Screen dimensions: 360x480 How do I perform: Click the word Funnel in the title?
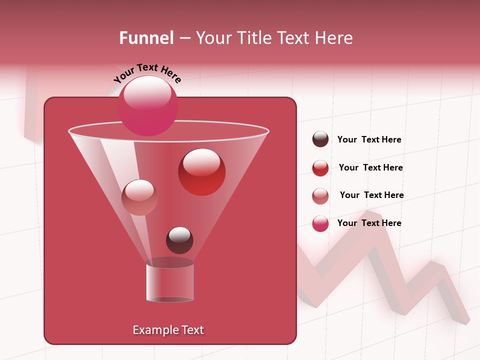click(146, 37)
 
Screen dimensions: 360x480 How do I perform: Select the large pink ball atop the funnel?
click(148, 105)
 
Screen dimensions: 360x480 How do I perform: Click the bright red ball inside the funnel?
click(201, 172)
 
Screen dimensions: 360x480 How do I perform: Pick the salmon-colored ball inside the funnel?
click(139, 197)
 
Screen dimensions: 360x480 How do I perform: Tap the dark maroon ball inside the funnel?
click(179, 240)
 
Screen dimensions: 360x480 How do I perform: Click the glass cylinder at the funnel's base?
click(170, 282)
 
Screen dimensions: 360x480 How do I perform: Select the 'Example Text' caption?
click(168, 330)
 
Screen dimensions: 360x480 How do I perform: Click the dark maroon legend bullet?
click(320, 139)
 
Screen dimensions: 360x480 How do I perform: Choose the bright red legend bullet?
click(320, 168)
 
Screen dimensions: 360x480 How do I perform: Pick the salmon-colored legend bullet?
click(320, 196)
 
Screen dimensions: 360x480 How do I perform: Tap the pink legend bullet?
click(320, 223)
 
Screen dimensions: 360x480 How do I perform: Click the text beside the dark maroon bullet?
click(369, 140)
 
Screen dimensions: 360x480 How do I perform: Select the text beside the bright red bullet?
click(371, 168)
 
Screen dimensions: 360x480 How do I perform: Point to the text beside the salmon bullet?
click(372, 195)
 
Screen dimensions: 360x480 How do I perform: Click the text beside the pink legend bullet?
click(369, 223)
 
